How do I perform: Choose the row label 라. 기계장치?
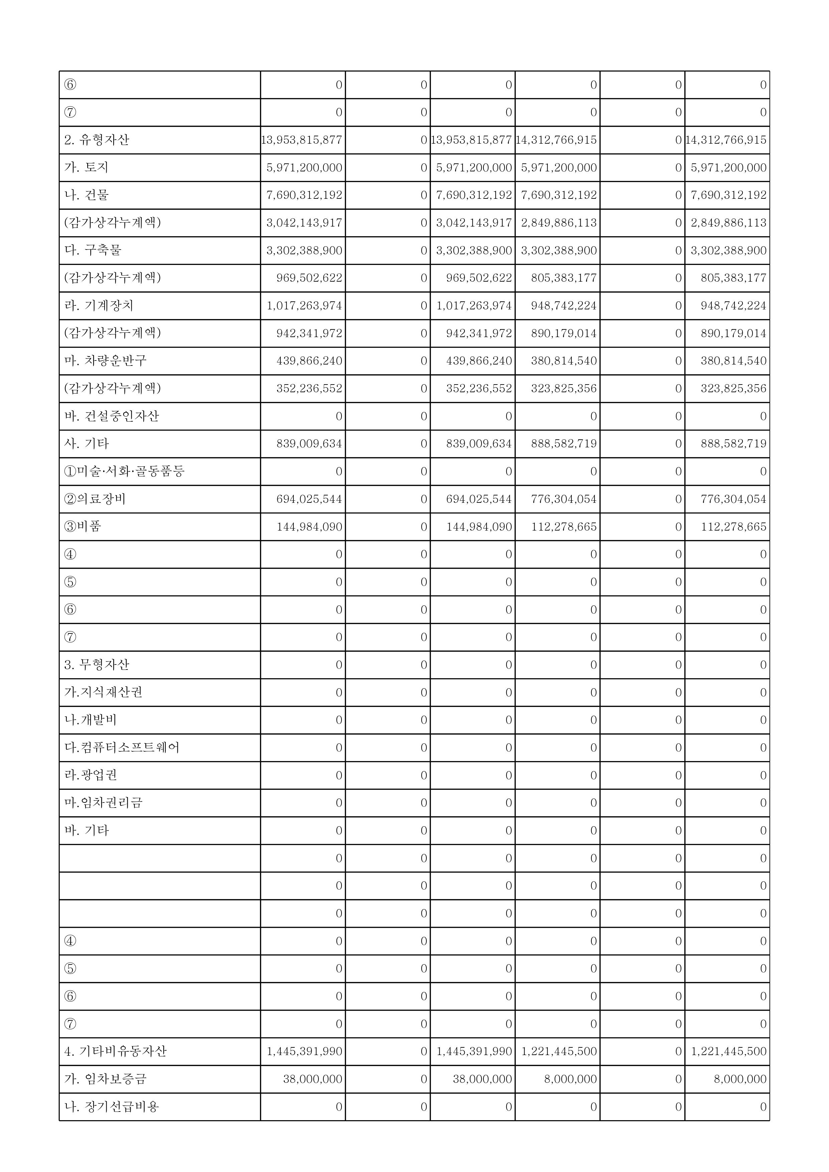coord(99,306)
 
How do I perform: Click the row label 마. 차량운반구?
coord(105,361)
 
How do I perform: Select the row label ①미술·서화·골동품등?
coord(124,471)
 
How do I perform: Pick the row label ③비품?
coord(83,526)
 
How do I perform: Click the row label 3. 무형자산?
coord(97,665)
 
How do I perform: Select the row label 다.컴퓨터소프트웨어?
coord(122,748)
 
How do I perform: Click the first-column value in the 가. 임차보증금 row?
coord(312,1079)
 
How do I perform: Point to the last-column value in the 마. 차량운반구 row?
coord(733,361)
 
